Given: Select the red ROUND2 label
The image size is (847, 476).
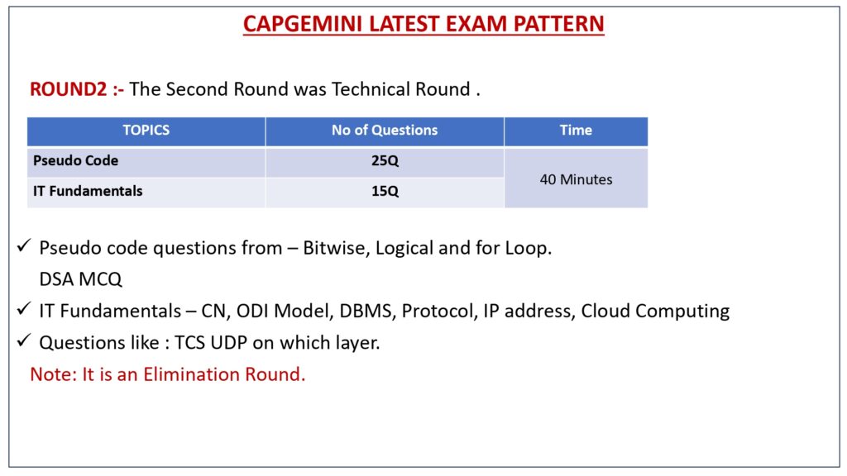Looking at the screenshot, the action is point(69,89).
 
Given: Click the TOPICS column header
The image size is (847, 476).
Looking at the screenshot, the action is point(146,130).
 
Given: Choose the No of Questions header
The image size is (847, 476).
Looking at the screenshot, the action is point(385,130).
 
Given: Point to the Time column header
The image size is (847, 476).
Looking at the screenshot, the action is point(576,130).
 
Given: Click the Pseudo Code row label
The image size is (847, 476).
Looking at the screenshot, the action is point(75,160).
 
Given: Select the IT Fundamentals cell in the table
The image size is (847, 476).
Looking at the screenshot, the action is point(88,191).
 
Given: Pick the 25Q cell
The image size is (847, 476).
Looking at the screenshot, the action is point(385,161).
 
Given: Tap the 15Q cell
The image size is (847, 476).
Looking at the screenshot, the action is point(385,191).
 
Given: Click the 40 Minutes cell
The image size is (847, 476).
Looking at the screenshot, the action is point(576,179).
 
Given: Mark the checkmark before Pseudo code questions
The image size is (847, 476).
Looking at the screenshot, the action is point(24,246).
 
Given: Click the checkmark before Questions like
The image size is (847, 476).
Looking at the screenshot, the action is point(24,340).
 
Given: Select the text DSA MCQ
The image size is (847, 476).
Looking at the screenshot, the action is point(80,279).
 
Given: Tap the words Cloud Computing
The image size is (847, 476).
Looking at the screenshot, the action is point(655,312).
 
